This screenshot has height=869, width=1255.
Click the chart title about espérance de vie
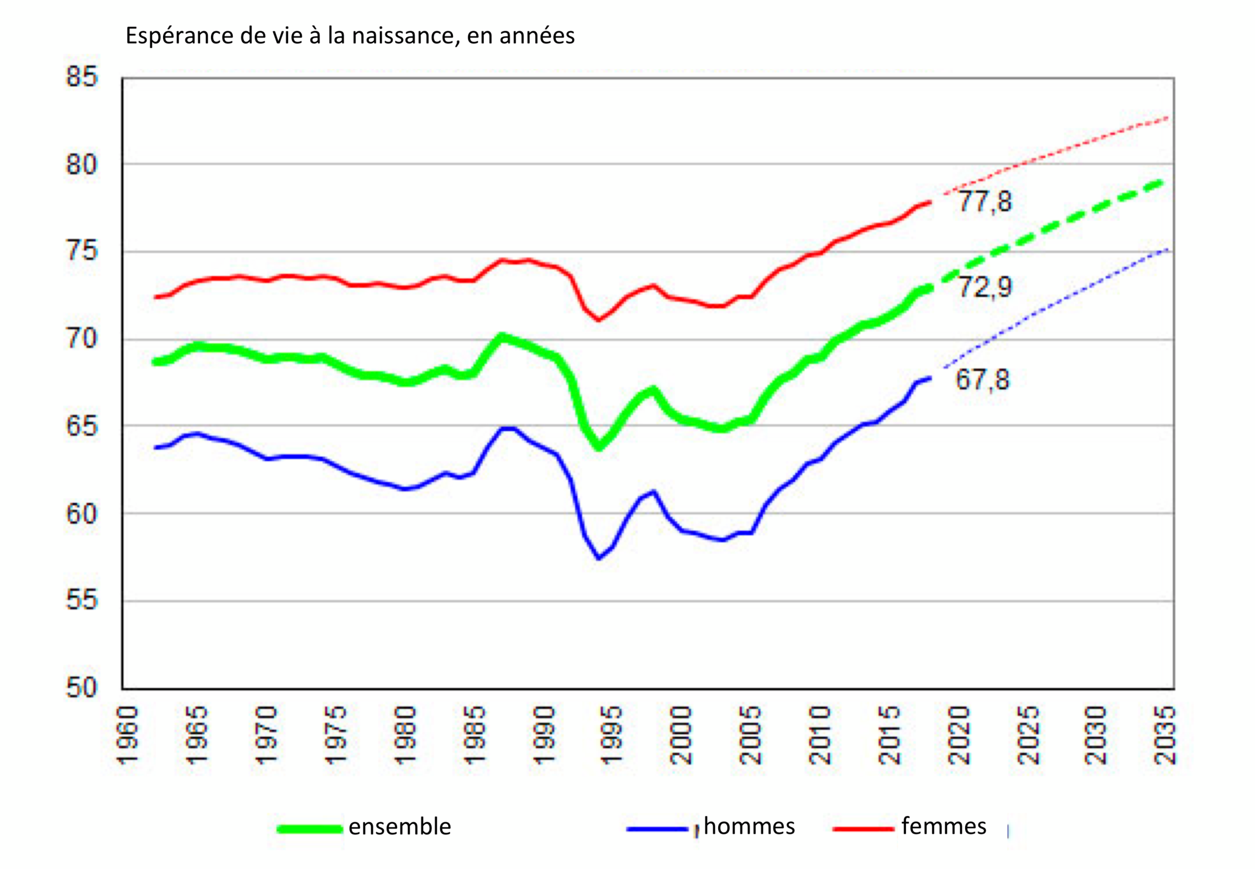tap(350, 36)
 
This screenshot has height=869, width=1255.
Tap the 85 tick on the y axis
tap(82, 76)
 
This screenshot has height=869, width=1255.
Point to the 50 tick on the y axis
tap(82, 688)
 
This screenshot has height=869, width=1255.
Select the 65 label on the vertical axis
tap(82, 426)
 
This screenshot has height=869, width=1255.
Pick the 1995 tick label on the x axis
tap(612, 736)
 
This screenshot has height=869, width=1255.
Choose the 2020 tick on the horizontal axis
tap(958, 736)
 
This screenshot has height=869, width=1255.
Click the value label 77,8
tap(985, 202)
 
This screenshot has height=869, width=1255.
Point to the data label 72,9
tap(985, 287)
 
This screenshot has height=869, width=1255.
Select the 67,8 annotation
tap(982, 380)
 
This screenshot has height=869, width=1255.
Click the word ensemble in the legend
tap(399, 826)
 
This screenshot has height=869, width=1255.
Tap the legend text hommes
tap(749, 826)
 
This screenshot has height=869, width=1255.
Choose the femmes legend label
tap(944, 826)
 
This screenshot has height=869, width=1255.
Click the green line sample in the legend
tap(309, 829)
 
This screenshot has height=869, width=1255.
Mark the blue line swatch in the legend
tap(657, 829)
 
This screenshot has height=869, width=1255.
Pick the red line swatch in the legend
tap(863, 829)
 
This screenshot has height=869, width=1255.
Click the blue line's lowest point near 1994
tap(598, 558)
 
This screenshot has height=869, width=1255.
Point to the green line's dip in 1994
tap(598, 448)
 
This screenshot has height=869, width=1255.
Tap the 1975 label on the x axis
tap(335, 736)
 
